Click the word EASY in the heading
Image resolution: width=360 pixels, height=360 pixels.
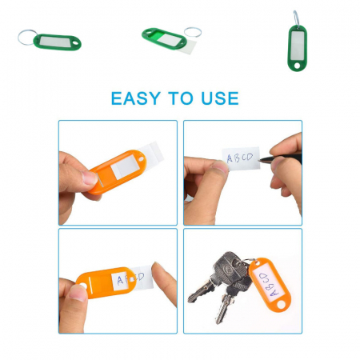point(136,98)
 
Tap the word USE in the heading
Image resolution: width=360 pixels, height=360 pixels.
point(220,98)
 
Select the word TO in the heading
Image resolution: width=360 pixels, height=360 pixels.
point(181,98)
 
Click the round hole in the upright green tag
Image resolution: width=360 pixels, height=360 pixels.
point(297,65)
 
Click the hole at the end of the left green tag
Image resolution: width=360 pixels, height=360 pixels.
point(77,43)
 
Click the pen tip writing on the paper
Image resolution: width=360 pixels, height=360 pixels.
point(261,160)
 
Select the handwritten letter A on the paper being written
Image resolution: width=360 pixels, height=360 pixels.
point(230,158)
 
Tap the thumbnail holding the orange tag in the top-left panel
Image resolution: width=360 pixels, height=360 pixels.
point(90,178)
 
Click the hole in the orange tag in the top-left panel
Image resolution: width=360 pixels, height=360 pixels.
point(141,158)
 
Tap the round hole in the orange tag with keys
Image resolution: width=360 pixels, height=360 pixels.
point(281,304)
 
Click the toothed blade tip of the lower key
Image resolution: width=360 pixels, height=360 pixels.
point(218,321)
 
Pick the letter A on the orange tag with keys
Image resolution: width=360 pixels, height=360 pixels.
point(274,292)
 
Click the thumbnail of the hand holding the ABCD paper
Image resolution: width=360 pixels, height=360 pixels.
point(220,167)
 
